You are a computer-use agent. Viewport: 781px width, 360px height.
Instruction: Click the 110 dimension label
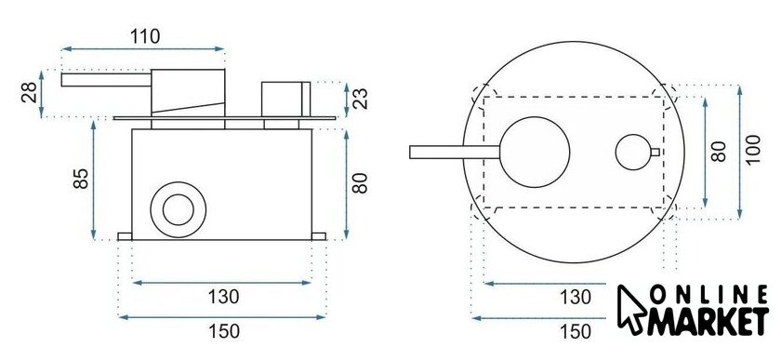(145, 36)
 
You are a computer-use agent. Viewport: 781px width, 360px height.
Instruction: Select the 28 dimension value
(30, 92)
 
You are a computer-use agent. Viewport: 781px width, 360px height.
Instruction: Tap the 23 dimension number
(360, 99)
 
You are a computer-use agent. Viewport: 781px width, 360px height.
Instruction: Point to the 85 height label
(81, 179)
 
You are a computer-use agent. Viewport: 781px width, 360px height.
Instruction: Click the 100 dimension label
(753, 149)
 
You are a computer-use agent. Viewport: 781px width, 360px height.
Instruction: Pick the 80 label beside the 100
(718, 151)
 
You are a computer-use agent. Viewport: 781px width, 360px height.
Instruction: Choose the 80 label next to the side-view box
(360, 183)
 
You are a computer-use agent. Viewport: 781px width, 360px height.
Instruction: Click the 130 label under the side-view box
(224, 297)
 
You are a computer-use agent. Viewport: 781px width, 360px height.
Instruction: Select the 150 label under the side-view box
(224, 331)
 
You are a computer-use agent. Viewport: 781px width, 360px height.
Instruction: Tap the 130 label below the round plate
(576, 298)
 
